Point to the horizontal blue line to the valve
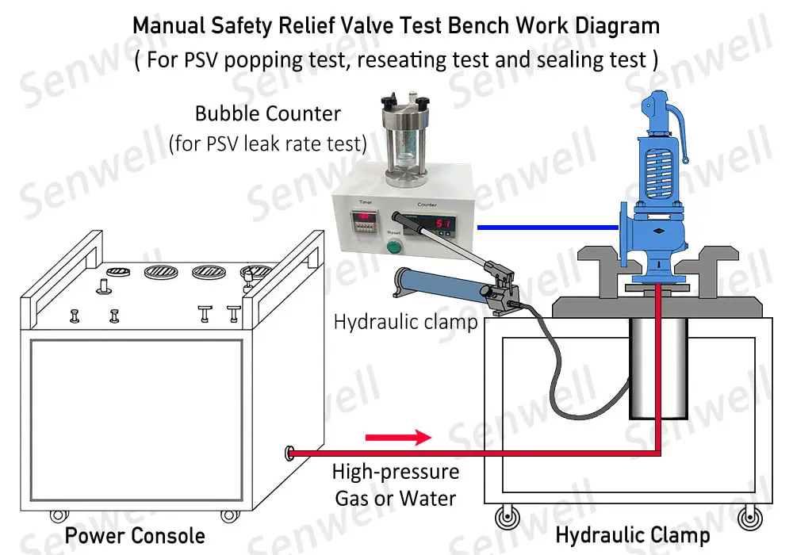[547, 228]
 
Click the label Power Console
[135, 536]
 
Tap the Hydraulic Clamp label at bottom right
[632, 535]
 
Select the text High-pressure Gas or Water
[395, 485]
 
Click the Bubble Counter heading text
[268, 113]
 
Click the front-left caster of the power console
[58, 515]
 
